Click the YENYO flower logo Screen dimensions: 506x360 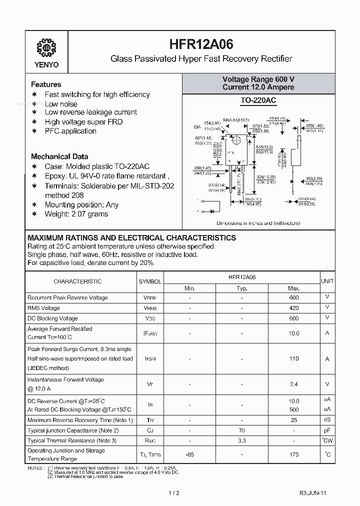(x=46, y=48)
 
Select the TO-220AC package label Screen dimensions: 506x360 (x=258, y=101)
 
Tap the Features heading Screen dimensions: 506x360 (x=46, y=84)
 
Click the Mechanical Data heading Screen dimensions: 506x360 (x=59, y=156)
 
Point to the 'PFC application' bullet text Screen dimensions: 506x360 (x=70, y=131)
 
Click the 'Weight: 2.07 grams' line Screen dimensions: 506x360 (x=76, y=214)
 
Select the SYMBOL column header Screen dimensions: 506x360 (x=150, y=281)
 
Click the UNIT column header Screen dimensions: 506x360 (x=327, y=281)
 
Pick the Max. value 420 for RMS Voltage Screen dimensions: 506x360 (x=294, y=308)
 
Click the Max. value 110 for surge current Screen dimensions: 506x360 (x=294, y=358)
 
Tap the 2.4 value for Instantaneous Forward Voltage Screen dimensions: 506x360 (x=294, y=384)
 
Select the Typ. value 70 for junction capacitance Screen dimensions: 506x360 (x=241, y=430)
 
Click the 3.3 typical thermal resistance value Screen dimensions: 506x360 (x=241, y=441)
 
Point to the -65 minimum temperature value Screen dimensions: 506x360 (x=189, y=454)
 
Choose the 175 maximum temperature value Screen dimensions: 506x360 (x=294, y=454)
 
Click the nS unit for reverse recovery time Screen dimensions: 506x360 (x=327, y=420)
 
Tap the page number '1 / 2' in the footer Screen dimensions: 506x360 (x=173, y=493)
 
